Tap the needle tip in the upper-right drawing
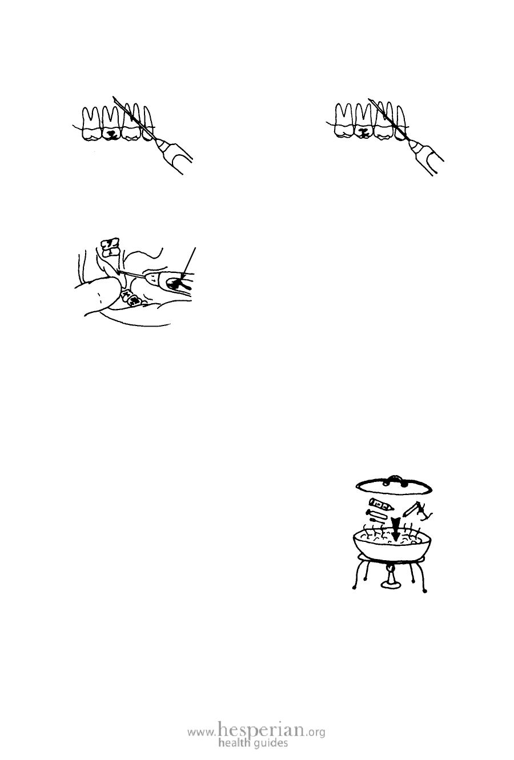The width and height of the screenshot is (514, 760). tap(369, 99)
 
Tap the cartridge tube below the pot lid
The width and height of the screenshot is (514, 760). tap(381, 505)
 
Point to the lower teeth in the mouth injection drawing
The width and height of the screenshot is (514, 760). tap(131, 298)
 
